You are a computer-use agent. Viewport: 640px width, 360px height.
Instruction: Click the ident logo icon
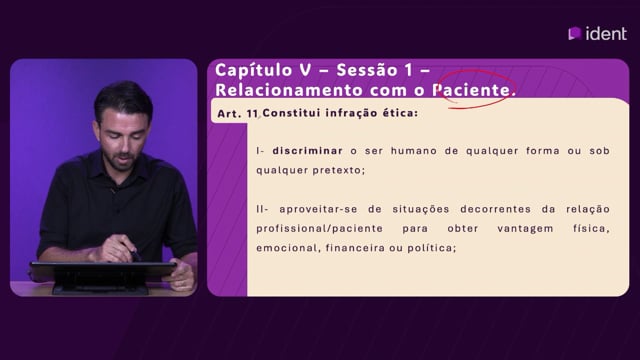click(x=575, y=33)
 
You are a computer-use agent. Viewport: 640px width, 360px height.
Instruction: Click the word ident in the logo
click(x=606, y=33)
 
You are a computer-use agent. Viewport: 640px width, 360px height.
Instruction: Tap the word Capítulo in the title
click(x=254, y=71)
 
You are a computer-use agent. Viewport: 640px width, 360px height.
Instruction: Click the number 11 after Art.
click(x=252, y=113)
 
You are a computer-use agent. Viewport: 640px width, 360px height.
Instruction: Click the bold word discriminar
click(x=307, y=151)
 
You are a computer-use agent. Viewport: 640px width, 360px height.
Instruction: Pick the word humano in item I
click(x=414, y=151)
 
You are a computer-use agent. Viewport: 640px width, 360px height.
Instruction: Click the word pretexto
click(x=339, y=170)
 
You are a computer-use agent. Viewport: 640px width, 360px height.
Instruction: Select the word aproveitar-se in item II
click(x=318, y=209)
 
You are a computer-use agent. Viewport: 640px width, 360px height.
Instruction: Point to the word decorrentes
click(x=496, y=209)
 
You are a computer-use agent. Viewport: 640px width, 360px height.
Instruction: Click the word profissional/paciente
click(x=320, y=229)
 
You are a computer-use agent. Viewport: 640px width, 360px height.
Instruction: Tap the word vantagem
click(x=525, y=229)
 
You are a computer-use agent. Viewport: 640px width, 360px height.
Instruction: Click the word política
click(x=431, y=248)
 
